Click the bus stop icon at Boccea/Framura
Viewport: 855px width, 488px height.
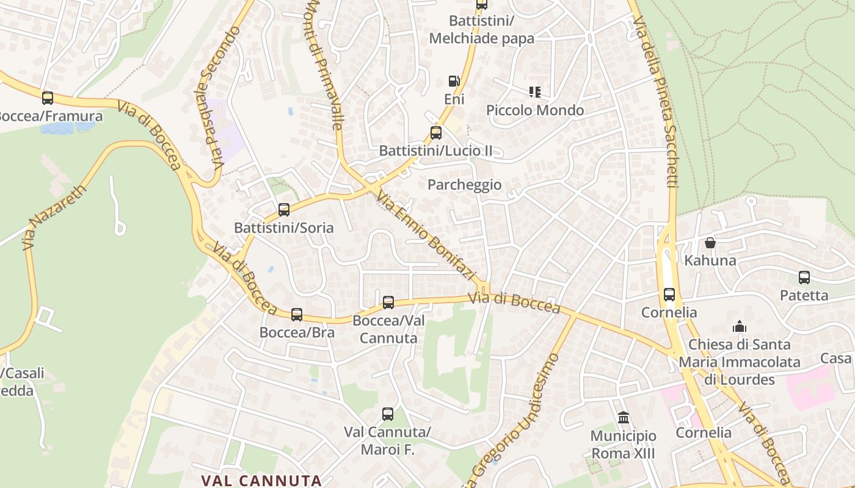pos(47,98)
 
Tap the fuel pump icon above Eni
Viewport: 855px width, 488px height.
pos(454,81)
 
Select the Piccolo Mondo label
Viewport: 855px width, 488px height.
pos(535,110)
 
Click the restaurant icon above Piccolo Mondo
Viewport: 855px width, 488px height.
pos(535,92)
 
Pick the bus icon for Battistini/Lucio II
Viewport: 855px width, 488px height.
pos(435,132)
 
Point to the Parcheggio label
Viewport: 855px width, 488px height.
pos(464,185)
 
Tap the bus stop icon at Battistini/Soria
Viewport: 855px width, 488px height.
pos(283,210)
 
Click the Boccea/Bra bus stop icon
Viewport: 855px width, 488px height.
pos(297,315)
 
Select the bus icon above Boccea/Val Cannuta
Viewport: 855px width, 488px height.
pos(388,302)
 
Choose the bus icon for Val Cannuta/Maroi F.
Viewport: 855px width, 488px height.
pos(387,414)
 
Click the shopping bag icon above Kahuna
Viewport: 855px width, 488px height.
pos(710,243)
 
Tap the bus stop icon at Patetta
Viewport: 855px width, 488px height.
pos(804,278)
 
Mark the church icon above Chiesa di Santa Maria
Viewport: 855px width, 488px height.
pos(740,326)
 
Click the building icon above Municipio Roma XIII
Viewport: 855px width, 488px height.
pos(624,418)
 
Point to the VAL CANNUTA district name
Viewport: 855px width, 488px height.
pos(261,480)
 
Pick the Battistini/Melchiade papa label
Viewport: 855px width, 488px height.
pos(481,29)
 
